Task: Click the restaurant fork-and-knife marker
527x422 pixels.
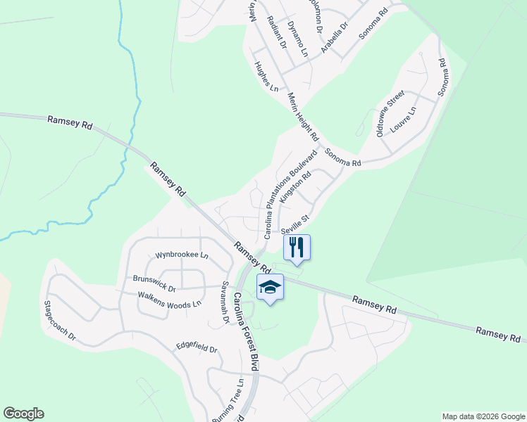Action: coord(297,247)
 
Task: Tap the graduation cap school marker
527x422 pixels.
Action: coord(270,286)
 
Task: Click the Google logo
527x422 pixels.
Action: coord(23,414)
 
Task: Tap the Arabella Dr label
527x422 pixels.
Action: coord(335,37)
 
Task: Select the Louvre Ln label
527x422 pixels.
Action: coord(404,120)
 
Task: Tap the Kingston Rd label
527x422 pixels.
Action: coord(295,185)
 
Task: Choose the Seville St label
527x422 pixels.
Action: coord(295,225)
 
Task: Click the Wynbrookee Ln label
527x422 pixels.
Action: coord(182,255)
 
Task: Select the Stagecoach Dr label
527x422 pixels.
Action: coord(59,321)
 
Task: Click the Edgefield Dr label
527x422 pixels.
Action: coord(197,347)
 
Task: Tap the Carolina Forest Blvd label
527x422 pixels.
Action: coord(246,331)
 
